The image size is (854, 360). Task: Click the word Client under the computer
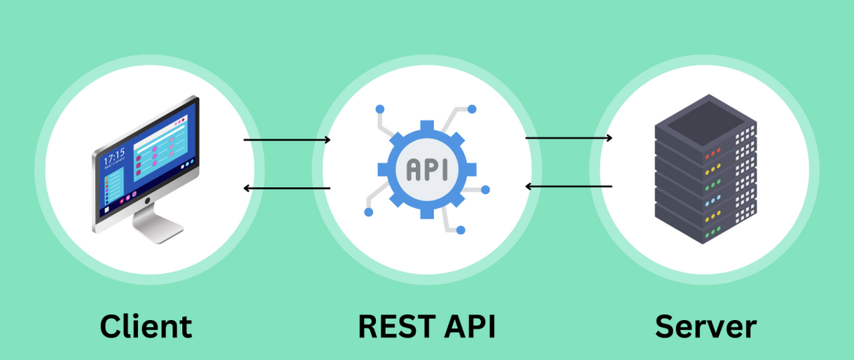coord(146,326)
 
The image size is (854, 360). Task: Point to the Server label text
coord(706,326)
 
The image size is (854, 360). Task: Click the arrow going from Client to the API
coord(287,140)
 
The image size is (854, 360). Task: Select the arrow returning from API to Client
coord(287,188)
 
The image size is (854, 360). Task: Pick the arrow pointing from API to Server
coord(568,138)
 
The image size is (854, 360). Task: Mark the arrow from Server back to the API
coord(568,186)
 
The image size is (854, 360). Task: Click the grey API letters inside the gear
coord(427,168)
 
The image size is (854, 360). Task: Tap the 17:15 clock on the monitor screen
coord(114,153)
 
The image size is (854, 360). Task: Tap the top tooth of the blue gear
coord(427,126)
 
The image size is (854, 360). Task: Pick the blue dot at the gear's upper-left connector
coord(380,109)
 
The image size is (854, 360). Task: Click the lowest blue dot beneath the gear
coord(461,229)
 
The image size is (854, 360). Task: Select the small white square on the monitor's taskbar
coord(106,209)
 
